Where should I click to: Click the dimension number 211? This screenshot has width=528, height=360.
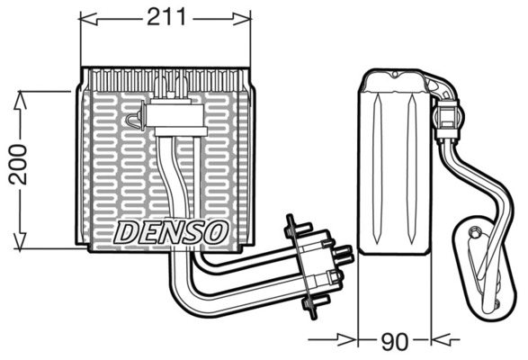click(166, 17)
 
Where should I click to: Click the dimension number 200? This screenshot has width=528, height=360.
click(17, 164)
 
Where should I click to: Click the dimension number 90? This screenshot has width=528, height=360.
click(394, 341)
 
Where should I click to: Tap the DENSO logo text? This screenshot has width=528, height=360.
click(170, 232)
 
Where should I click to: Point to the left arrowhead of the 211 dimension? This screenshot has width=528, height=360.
click(88, 19)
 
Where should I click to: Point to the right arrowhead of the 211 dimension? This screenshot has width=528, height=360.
click(242, 19)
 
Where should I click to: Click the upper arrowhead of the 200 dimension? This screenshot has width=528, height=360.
click(21, 100)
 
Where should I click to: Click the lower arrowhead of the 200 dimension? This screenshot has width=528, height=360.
click(21, 240)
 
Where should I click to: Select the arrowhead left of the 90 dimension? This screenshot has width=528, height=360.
click(347, 339)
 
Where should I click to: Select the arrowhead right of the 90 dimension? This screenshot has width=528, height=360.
click(441, 339)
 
